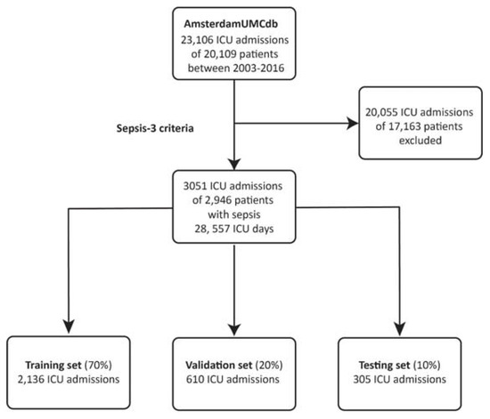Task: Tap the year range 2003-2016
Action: [268, 75]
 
